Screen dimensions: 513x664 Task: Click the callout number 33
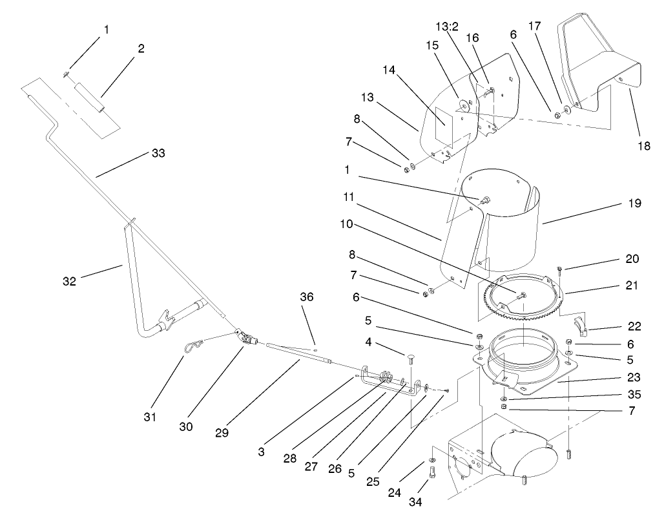click(x=158, y=154)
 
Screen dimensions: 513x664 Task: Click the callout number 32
click(x=69, y=281)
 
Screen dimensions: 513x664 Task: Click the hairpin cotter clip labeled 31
click(x=191, y=348)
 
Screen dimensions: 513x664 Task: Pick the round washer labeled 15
click(x=463, y=104)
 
